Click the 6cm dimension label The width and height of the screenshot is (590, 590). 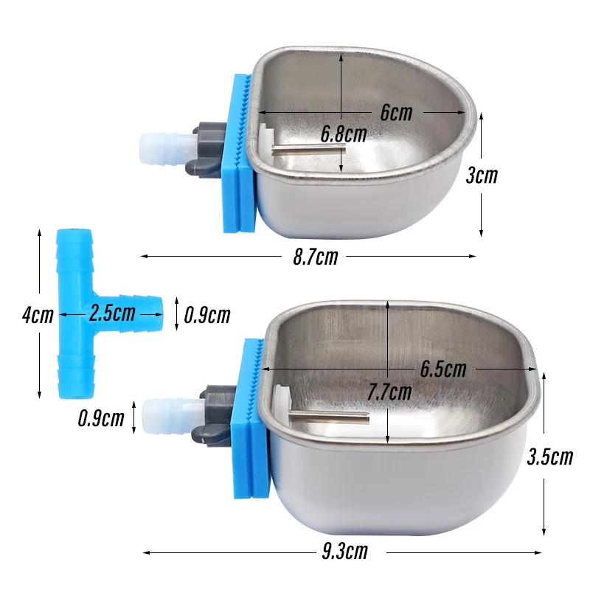396,113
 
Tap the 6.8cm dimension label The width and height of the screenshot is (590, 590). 344,133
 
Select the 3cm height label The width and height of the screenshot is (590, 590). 482,176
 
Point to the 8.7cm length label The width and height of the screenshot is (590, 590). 315,257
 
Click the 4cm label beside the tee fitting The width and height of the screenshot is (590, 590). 37,315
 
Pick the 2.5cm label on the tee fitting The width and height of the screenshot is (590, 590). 111,313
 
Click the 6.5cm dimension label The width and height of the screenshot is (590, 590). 443,368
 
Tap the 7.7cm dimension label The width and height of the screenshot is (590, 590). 389,392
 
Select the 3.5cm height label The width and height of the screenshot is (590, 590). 550,457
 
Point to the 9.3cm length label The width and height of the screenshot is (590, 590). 344,552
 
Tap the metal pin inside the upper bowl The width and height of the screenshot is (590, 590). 308,150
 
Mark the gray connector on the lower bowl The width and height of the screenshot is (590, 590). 214,414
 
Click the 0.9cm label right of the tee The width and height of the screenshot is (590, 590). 207,316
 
